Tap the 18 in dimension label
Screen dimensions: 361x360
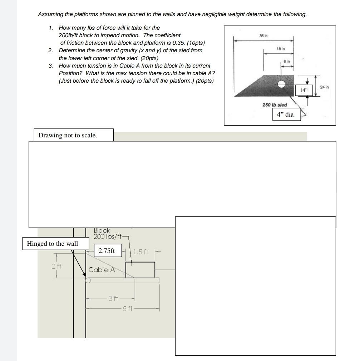(280, 48)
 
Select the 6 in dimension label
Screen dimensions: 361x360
(287, 62)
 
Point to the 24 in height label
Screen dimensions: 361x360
(325, 87)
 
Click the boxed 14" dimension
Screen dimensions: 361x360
(304, 91)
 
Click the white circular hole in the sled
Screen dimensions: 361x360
(282, 84)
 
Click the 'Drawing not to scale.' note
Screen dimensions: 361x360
(68, 135)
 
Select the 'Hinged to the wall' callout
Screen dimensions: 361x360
(52, 244)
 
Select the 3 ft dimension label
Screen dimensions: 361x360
(112, 298)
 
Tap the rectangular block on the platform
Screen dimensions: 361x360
(140, 270)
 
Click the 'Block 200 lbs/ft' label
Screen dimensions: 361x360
(108, 234)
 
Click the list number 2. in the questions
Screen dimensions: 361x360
(51, 50)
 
